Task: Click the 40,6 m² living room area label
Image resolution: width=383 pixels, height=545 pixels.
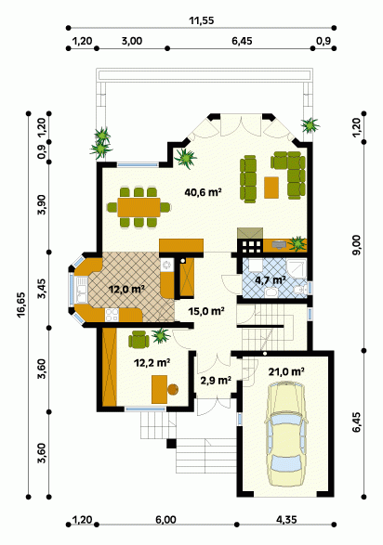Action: coord(204,191)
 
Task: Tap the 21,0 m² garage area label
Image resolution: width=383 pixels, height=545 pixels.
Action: coord(286,371)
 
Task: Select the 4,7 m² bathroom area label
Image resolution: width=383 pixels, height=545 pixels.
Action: coord(271,279)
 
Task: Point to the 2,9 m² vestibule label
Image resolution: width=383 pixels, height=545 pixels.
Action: coord(216,381)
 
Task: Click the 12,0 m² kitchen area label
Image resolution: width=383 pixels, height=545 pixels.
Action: coord(126,289)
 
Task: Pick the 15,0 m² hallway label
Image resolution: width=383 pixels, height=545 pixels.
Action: coord(206,311)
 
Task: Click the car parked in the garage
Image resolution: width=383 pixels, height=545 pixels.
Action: coord(286,434)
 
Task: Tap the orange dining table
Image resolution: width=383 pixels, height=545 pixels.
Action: coord(139,207)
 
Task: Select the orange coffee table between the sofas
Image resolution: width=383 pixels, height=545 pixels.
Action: coord(271,188)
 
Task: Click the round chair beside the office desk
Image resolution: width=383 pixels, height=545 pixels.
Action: coord(173,389)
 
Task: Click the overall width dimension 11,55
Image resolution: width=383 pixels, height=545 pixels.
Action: coord(202,20)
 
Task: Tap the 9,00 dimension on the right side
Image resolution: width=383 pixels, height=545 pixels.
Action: coord(357,245)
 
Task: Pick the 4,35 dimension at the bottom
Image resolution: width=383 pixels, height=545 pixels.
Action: coord(286,520)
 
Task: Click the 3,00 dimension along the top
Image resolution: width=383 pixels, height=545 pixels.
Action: coord(131,41)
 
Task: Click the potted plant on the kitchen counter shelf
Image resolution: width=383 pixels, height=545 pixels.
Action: coord(297,243)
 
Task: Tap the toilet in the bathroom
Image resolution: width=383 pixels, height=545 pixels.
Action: coord(300,289)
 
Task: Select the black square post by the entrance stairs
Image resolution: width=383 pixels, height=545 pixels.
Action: coord(171,444)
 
